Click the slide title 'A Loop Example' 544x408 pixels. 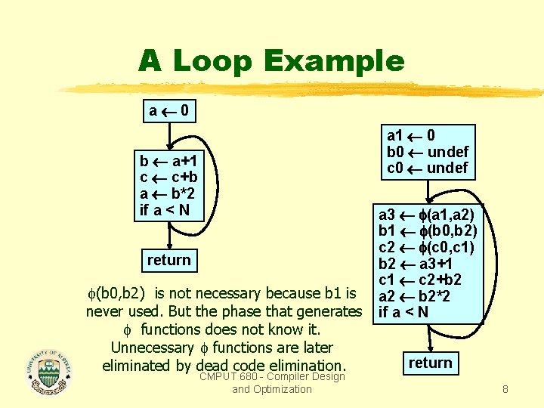pos(271,61)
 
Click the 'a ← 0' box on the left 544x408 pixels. pos(169,112)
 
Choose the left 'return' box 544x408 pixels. pos(169,260)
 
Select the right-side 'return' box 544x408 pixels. pos(430,363)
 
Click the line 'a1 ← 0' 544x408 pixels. pos(411,135)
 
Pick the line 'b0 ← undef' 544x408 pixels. pos(428,152)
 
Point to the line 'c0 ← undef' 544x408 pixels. pos(428,168)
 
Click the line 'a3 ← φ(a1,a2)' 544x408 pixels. pos(426,215)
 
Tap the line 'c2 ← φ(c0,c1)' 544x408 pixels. pos(426,248)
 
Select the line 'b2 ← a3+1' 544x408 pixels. pos(415,264)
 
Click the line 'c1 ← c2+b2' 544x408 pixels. pos(420,280)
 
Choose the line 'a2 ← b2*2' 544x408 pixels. pos(413,296)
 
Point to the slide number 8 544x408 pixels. pos(505,390)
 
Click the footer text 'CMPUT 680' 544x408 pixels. pos(227,376)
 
